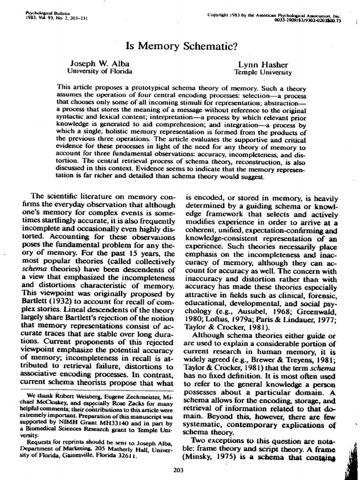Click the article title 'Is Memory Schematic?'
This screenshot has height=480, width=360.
[180, 46]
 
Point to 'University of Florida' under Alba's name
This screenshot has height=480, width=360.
[100, 72]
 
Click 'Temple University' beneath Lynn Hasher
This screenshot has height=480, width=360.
[263, 72]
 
